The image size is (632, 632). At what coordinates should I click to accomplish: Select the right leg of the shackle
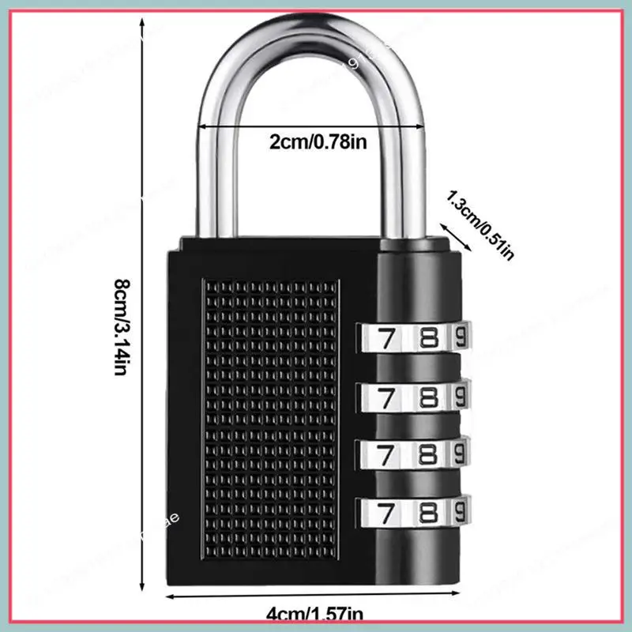[408, 174]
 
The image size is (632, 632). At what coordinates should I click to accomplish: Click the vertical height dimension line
[143, 316]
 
